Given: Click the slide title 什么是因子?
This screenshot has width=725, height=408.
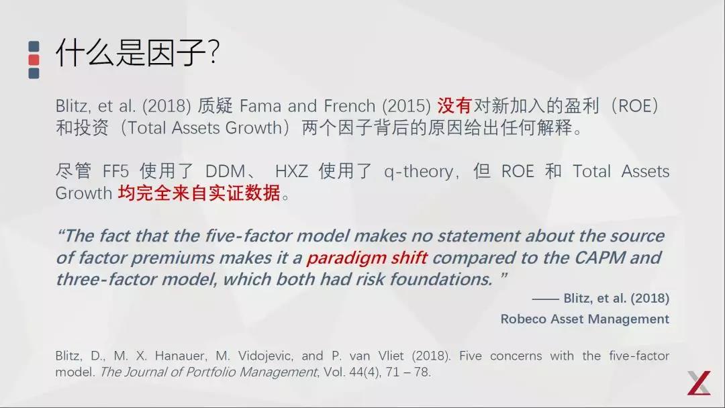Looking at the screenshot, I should pyautogui.click(x=138, y=52).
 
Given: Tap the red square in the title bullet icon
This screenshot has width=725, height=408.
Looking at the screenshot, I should pyautogui.click(x=34, y=60).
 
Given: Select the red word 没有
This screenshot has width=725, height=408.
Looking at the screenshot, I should pyautogui.click(x=455, y=106).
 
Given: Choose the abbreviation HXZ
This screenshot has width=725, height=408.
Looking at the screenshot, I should pyautogui.click(x=291, y=172).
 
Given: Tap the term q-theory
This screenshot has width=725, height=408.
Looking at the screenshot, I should pyautogui.click(x=419, y=172).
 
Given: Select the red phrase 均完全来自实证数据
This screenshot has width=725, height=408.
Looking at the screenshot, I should pyautogui.click(x=199, y=193).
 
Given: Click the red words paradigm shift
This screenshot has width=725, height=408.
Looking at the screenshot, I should pyautogui.click(x=367, y=258).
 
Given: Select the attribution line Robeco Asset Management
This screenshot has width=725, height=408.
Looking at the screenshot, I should pyautogui.click(x=585, y=319).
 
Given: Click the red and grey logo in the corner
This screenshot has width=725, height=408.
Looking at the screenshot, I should pyautogui.click(x=698, y=382).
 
